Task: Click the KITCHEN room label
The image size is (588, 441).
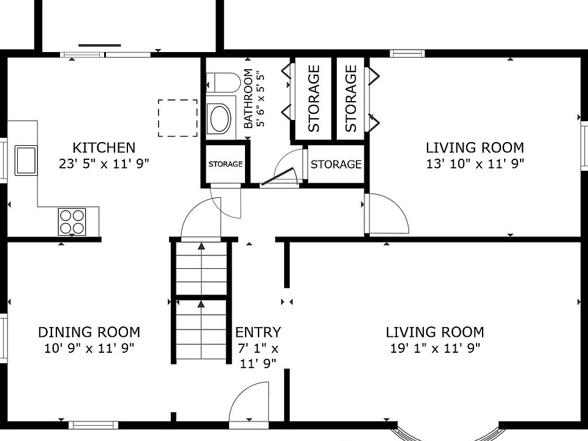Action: tap(104, 148)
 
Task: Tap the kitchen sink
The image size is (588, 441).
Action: tap(26, 160)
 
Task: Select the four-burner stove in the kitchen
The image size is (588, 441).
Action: tap(72, 222)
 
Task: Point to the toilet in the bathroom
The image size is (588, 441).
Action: tap(223, 83)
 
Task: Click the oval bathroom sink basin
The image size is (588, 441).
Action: tap(221, 118)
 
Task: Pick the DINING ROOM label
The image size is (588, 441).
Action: tap(89, 332)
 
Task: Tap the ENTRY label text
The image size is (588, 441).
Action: tap(258, 332)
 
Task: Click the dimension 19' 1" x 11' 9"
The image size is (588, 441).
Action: tap(435, 349)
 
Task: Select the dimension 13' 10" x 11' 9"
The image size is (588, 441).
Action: tap(475, 164)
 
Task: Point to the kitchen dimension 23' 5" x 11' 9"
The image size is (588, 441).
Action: tap(104, 164)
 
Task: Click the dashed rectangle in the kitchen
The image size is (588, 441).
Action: tap(178, 118)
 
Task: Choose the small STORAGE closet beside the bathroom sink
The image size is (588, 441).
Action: tap(225, 164)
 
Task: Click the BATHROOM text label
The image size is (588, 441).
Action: tap(248, 99)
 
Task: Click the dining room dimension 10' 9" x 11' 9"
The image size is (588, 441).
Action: tap(89, 349)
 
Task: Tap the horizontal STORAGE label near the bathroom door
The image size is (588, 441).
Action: tap(336, 164)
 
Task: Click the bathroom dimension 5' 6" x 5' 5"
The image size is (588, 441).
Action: tap(261, 99)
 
